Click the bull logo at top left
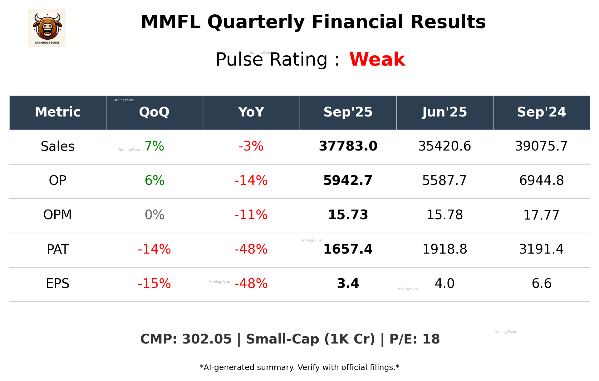coord(47,28)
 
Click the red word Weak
coord(377,59)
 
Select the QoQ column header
coord(154,112)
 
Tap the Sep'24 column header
coord(541,112)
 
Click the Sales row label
coord(58,146)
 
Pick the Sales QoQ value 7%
coord(154,146)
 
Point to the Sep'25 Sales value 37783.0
coord(348,146)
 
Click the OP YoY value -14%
coord(251,181)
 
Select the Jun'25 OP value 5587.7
coord(444,181)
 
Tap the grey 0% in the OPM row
coord(155,215)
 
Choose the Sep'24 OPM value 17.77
coord(541,215)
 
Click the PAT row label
coord(58,250)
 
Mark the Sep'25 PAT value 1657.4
coord(348,250)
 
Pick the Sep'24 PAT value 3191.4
coord(541,250)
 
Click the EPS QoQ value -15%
coord(154,284)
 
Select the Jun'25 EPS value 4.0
coord(444,284)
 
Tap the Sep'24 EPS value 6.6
coord(541,284)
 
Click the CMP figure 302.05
coord(207,339)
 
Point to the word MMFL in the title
coord(170,22)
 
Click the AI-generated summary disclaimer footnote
coord(299,368)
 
